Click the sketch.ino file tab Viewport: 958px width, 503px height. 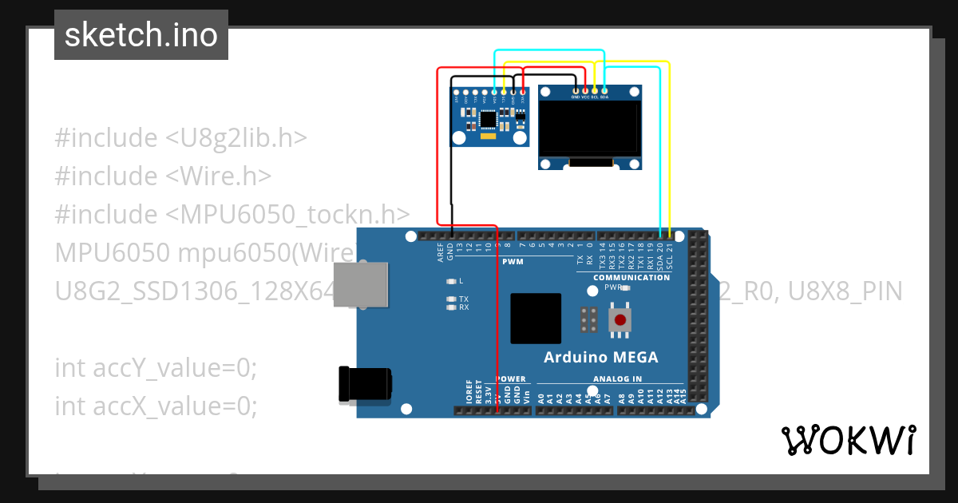click(x=141, y=35)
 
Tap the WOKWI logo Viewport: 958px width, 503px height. click(x=848, y=440)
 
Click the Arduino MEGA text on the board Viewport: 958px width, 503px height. click(x=601, y=357)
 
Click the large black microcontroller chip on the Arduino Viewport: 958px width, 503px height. click(x=536, y=319)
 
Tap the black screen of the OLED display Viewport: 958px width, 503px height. click(x=589, y=129)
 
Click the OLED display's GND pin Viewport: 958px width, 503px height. click(x=576, y=90)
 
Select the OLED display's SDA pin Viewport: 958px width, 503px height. click(x=604, y=90)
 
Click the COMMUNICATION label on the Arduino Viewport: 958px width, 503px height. click(x=631, y=278)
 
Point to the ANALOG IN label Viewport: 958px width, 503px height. click(x=617, y=379)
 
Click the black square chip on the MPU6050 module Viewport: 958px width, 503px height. click(x=488, y=120)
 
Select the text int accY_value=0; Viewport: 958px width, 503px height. click(x=156, y=368)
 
